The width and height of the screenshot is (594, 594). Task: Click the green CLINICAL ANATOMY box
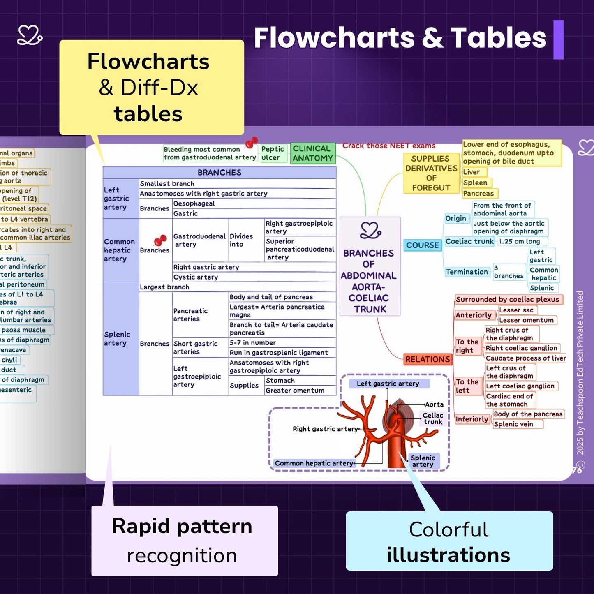(312, 153)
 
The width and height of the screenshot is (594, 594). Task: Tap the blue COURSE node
(422, 245)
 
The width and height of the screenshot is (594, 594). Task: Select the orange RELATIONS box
(428, 359)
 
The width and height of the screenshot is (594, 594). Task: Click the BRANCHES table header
(219, 172)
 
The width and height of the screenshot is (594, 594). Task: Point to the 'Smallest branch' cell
(167, 184)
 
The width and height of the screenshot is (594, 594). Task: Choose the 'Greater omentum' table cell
(295, 391)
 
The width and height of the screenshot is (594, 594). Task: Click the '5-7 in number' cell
(252, 343)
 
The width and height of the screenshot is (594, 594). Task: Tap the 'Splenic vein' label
(513, 424)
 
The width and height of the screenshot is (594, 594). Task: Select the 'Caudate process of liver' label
(525, 358)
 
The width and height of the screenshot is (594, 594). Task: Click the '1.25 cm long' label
(519, 241)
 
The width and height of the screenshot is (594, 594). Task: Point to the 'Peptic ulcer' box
(273, 153)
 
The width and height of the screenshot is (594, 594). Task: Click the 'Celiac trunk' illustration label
(433, 418)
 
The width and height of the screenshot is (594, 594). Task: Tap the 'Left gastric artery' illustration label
(388, 384)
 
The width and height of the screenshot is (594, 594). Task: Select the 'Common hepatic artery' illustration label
(314, 463)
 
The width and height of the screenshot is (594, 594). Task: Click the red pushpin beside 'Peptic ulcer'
(251, 143)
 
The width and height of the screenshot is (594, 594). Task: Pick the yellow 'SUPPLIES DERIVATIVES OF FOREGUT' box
(431, 173)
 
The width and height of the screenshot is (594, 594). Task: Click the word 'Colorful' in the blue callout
(448, 529)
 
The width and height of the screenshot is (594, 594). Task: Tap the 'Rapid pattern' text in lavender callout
(182, 526)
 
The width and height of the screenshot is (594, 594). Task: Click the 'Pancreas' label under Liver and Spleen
(478, 193)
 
